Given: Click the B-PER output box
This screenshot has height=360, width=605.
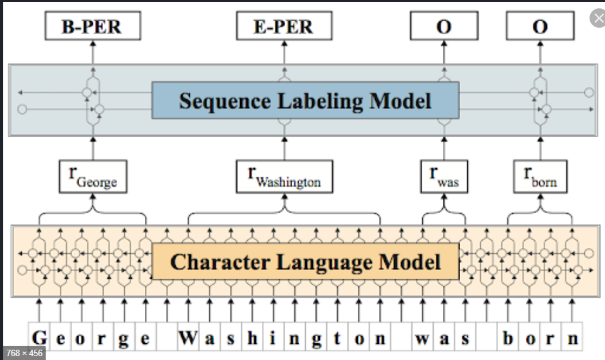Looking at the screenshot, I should pyautogui.click(x=92, y=26).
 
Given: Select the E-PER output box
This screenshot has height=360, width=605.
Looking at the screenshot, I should pyautogui.click(x=284, y=26).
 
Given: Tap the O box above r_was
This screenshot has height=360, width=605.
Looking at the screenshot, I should pyautogui.click(x=443, y=26).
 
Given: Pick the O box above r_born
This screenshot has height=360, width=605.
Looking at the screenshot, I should pyautogui.click(x=540, y=26).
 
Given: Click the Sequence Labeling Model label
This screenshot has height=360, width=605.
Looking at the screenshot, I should pyautogui.click(x=305, y=100).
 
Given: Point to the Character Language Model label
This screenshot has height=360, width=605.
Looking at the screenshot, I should pyautogui.click(x=305, y=261).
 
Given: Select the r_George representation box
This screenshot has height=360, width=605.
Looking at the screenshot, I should pyautogui.click(x=92, y=176).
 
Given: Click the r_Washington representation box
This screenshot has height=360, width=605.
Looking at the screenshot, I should pyautogui.click(x=284, y=176).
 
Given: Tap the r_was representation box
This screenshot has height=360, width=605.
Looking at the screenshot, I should pyautogui.click(x=443, y=176).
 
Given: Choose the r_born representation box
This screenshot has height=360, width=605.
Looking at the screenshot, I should pyautogui.click(x=540, y=176).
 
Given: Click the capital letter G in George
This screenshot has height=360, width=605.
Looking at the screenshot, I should pyautogui.click(x=40, y=338).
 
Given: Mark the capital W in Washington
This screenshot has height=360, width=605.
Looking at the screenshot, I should pyautogui.click(x=188, y=338).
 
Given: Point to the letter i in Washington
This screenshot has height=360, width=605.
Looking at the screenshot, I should pyautogui.click(x=274, y=338).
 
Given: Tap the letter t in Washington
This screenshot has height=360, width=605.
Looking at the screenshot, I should pyautogui.click(x=337, y=338).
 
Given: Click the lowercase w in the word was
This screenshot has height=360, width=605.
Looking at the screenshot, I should pyautogui.click(x=422, y=338).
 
